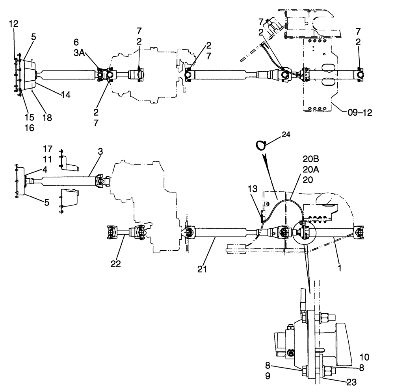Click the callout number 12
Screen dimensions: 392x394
click(x=13, y=24)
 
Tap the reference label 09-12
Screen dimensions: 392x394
click(x=359, y=112)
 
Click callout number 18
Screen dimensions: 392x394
click(x=47, y=117)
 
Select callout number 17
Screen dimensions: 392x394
click(x=47, y=149)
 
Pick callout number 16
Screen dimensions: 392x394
click(x=29, y=128)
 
